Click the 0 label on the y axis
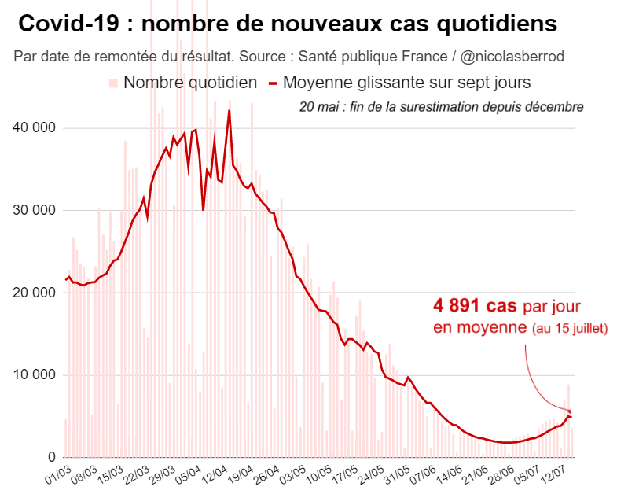click(x=51, y=457)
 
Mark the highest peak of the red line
click(x=230, y=111)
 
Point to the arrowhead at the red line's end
click(x=568, y=411)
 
